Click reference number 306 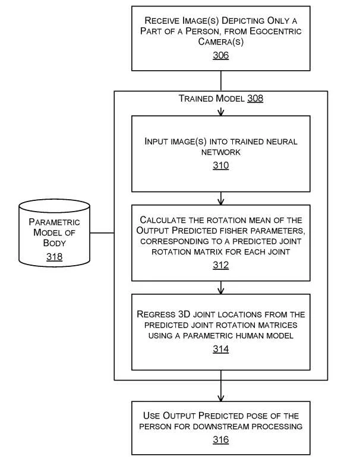(220, 55)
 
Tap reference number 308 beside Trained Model (255, 99)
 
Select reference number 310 (220, 165)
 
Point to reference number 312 (220, 265)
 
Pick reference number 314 (220, 349)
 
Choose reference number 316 (220, 439)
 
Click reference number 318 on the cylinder (54, 257)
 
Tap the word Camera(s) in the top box (221, 42)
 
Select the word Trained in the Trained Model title (196, 99)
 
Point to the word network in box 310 (221, 152)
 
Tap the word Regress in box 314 (156, 314)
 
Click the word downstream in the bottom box (221, 426)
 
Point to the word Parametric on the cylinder (54, 222)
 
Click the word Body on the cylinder (54, 243)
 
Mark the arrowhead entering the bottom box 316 (221, 398)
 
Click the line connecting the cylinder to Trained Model (102, 233)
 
